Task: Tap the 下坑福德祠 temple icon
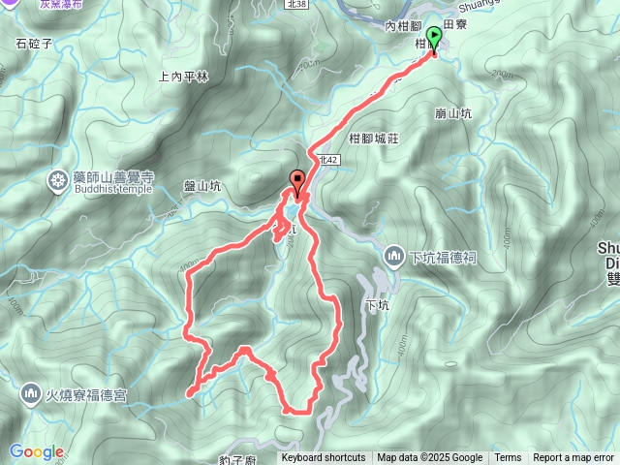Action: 393,257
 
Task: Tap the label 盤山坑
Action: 203,188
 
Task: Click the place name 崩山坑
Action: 453,113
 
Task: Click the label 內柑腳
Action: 402,28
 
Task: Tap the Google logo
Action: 36,451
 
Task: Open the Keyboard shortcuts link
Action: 324,458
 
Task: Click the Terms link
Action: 508,458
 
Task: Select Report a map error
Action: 573,458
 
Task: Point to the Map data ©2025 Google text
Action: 430,458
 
